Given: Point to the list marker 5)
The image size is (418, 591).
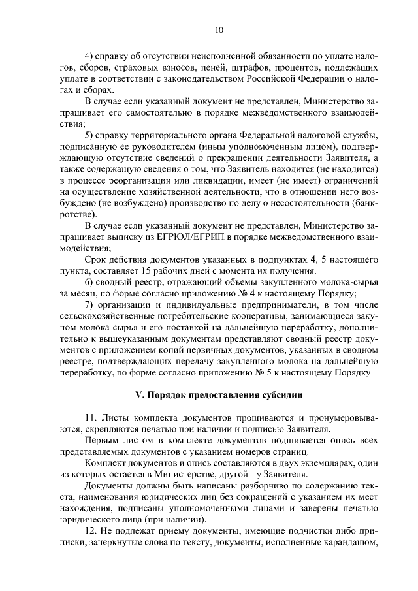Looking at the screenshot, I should [90, 135].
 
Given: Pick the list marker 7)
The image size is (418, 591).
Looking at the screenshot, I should [90, 304].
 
